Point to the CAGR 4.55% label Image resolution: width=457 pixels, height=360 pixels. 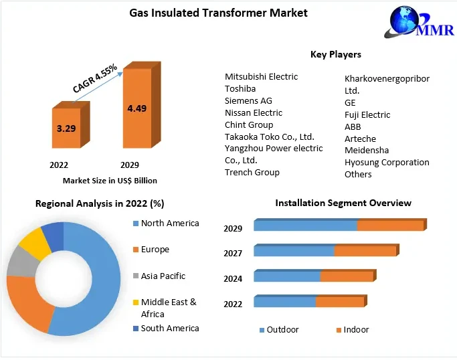tap(95, 79)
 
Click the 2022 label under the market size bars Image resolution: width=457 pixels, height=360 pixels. tap(58, 164)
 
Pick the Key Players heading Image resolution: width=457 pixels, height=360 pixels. tap(335, 54)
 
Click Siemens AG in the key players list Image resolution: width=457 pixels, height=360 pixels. tap(248, 100)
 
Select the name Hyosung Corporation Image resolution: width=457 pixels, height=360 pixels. tap(387, 162)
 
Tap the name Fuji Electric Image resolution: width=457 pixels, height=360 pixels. tap(367, 114)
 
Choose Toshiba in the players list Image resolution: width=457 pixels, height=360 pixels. tap(240, 88)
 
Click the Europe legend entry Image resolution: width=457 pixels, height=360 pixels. tap(155, 250)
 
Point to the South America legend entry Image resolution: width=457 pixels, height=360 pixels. tap(169, 328)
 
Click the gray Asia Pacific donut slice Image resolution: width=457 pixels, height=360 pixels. tap(19, 264)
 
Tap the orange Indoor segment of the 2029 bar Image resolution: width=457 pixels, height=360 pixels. tap(390, 226)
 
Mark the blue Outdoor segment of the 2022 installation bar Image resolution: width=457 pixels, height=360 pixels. tap(284, 302)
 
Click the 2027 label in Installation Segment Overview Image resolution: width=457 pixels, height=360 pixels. tap(233, 253)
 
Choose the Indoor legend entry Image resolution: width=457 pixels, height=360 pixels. tap(356, 330)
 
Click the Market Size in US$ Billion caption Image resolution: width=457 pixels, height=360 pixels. tap(110, 181)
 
